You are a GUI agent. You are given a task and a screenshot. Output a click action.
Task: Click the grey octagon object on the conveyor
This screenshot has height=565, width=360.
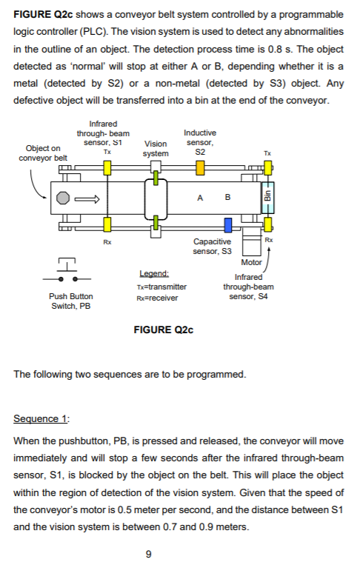coord(64,198)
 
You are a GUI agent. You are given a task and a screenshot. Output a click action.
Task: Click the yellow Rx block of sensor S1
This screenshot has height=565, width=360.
coord(108,223)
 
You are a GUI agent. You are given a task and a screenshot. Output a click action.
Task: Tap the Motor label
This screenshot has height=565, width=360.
coord(252,262)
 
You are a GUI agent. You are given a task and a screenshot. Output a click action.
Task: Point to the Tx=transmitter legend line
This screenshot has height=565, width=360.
coord(161,287)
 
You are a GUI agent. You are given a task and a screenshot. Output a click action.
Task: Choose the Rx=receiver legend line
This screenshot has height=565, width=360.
coord(156,298)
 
